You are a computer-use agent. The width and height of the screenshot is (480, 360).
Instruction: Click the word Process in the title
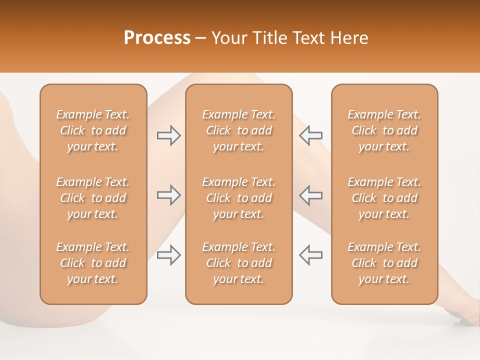click(x=157, y=38)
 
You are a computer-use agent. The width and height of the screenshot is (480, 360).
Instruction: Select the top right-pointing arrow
click(x=168, y=135)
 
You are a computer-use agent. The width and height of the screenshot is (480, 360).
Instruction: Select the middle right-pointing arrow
click(x=168, y=195)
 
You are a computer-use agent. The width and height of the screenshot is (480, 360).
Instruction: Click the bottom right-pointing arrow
click(x=168, y=255)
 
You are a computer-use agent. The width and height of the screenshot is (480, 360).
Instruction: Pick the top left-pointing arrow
click(x=310, y=135)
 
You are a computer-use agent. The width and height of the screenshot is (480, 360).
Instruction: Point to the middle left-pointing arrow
click(x=310, y=195)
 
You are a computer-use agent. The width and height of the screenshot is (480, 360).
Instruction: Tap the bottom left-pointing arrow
click(x=310, y=255)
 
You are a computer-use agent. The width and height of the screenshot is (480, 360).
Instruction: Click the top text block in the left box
click(x=93, y=130)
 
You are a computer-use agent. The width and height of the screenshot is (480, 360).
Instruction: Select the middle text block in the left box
click(x=93, y=198)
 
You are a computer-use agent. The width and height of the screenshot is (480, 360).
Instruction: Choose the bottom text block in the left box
click(x=93, y=263)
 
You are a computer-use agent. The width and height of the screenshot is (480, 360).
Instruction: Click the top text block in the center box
click(x=238, y=130)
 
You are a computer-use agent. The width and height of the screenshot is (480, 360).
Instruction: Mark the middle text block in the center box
click(x=238, y=198)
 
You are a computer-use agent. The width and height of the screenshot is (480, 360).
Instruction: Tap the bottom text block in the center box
click(x=238, y=263)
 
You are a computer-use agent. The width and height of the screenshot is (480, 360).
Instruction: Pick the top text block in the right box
click(x=384, y=130)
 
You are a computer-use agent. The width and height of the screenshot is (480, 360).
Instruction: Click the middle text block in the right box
click(x=384, y=198)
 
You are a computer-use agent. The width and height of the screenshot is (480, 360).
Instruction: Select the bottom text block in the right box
click(x=384, y=263)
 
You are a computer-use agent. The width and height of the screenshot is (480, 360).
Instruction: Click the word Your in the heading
click(x=227, y=38)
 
